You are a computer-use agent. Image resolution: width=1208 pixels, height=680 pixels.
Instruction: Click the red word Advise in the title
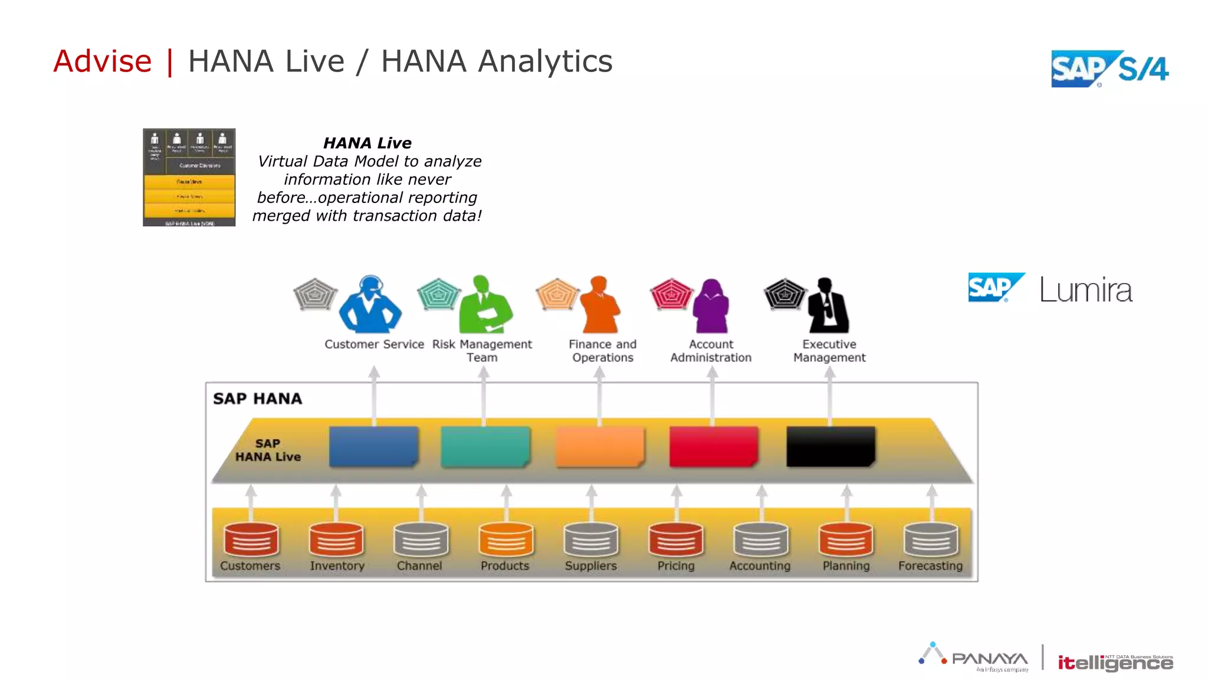coord(103,61)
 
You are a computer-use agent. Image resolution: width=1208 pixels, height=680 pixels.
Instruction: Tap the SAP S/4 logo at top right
coord(1109,69)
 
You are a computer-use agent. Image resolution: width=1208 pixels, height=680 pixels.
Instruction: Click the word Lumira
coord(1085,290)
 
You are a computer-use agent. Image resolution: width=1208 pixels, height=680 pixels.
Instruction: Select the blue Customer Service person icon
coord(370,305)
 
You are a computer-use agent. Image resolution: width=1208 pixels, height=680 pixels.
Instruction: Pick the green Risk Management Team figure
coord(484,305)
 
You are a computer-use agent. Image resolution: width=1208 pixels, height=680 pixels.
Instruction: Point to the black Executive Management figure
coord(828,306)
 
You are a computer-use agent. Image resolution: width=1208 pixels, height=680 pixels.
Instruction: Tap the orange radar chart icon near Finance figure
coord(557,294)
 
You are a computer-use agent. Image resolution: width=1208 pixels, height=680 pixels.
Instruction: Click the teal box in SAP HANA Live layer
coord(485,446)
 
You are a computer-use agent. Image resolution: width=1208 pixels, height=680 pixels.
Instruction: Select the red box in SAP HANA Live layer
coord(713,446)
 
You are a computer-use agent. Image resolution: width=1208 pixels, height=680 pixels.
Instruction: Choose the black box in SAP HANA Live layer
coord(830,446)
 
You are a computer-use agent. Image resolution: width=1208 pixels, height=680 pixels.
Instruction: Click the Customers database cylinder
coord(251,539)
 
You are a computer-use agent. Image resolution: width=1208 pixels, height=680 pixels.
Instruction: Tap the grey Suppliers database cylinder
coord(590,539)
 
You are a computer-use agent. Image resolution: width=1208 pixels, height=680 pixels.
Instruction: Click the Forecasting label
coord(930,565)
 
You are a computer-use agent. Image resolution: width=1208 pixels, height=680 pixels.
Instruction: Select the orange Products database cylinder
coord(505,539)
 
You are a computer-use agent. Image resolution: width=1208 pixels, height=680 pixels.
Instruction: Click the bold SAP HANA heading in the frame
coord(257,398)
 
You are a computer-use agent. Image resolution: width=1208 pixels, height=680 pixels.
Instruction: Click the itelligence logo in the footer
coord(1115,662)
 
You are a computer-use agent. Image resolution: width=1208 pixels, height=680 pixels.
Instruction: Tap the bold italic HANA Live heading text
coord(367,143)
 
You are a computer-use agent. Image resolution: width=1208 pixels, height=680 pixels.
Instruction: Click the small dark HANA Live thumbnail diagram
coord(189,177)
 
